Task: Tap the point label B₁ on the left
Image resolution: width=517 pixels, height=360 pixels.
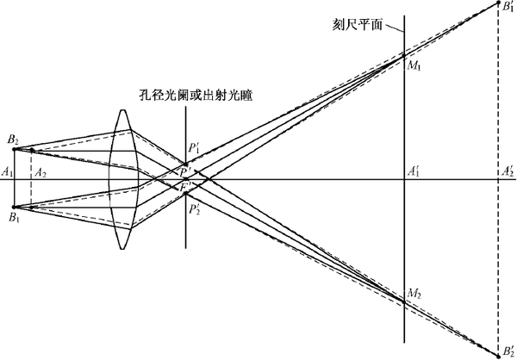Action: tap(13, 219)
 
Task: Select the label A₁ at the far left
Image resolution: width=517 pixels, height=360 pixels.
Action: tap(8, 173)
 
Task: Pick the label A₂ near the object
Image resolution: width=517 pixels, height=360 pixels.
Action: tap(40, 173)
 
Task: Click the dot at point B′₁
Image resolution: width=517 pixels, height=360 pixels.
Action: tap(498, 5)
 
